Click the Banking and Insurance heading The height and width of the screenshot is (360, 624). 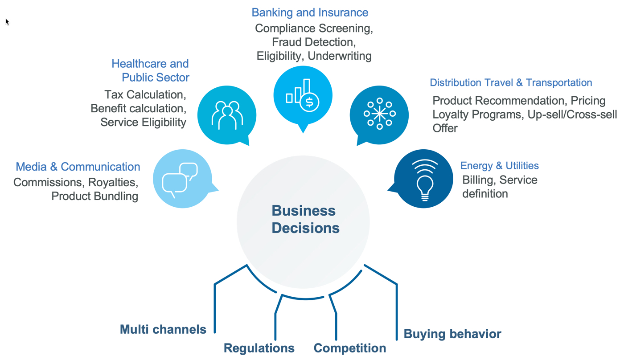click(x=310, y=12)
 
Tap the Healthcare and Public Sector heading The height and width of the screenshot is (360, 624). click(x=150, y=70)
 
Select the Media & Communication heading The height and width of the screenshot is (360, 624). click(x=78, y=167)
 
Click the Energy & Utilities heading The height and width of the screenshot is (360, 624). click(x=499, y=166)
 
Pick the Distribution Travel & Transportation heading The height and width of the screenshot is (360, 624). click(x=511, y=83)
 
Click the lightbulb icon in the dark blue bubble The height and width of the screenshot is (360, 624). click(x=424, y=180)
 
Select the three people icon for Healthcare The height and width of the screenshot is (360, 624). click(x=227, y=115)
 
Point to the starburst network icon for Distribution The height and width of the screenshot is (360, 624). click(x=379, y=114)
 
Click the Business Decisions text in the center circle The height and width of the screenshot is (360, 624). click(x=305, y=219)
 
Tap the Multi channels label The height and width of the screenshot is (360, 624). click(x=163, y=330)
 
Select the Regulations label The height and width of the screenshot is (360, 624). click(x=259, y=348)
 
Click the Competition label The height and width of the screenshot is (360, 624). click(x=350, y=348)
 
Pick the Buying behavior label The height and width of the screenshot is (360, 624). click(x=452, y=334)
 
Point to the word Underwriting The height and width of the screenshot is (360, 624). click(x=340, y=56)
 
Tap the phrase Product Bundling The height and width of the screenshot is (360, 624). click(x=94, y=196)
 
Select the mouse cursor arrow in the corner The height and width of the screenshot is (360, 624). click(x=7, y=21)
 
